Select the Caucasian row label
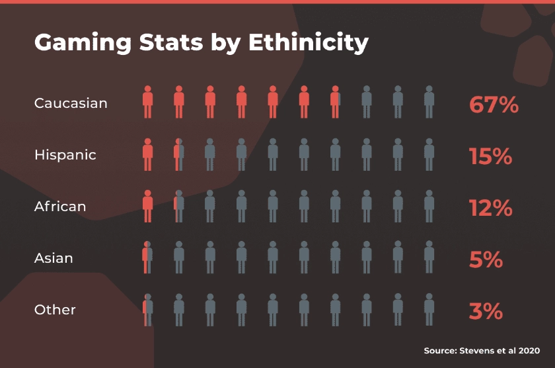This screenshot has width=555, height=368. tap(71, 103)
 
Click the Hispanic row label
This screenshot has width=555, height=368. tap(65, 155)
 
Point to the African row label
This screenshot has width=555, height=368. tap(60, 207)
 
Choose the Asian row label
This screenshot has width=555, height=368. tap(54, 258)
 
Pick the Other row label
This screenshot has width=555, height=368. tap(55, 310)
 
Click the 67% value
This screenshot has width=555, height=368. tap(494, 104)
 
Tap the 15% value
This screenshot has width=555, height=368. tap(490, 156)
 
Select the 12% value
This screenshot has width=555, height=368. tap(490, 207)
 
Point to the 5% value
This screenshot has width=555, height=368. tap(486, 259)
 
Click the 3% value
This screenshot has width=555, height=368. tap(486, 310)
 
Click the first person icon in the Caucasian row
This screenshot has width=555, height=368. tap(147, 102)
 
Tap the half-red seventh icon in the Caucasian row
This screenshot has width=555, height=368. tap(335, 102)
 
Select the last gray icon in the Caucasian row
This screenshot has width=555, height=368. tap(429, 102)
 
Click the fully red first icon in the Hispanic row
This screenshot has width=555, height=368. tap(147, 154)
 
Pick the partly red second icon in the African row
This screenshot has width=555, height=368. tap(178, 205)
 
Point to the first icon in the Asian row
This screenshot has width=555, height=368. tap(147, 257)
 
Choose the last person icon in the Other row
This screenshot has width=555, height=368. tap(429, 308)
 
